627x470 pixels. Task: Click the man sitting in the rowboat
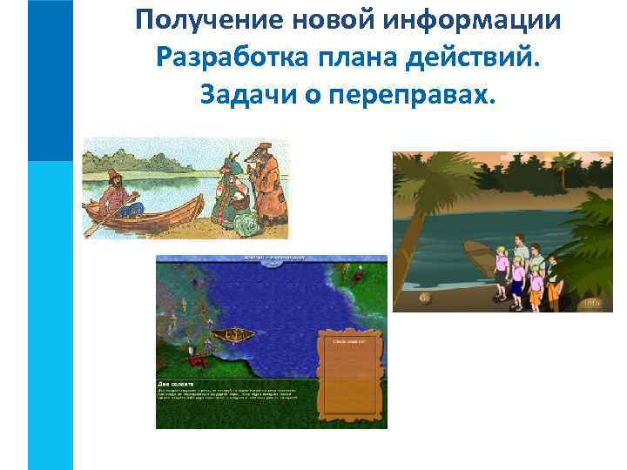tap(115, 194)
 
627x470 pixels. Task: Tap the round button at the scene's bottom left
tap(424, 298)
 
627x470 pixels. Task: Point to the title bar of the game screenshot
tap(271, 258)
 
